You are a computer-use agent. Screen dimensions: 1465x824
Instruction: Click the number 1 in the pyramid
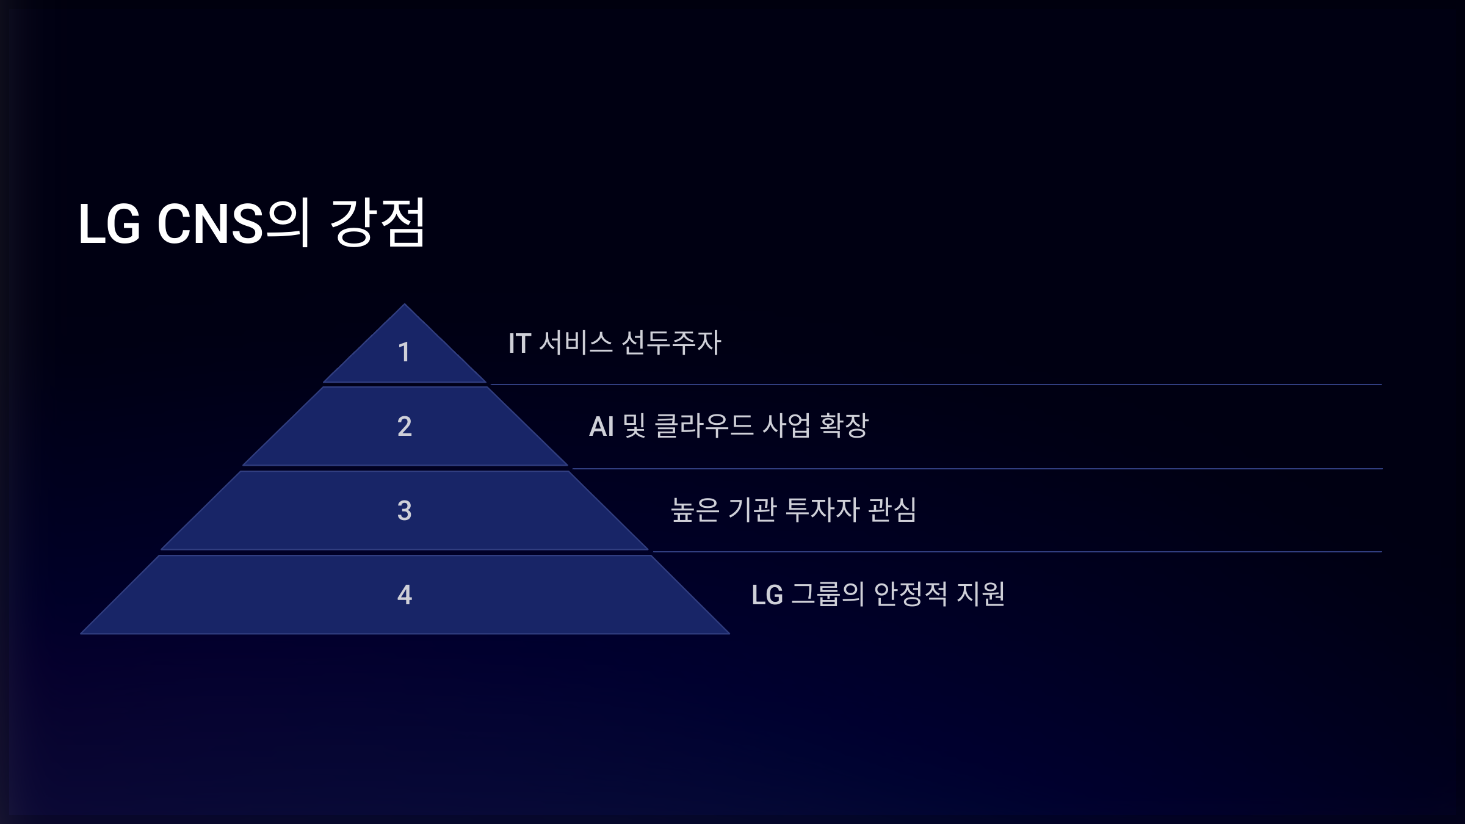pyautogui.click(x=403, y=352)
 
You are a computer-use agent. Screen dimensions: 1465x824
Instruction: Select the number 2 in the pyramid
pyautogui.click(x=404, y=426)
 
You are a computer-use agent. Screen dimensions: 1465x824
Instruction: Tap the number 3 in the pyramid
pyautogui.click(x=404, y=510)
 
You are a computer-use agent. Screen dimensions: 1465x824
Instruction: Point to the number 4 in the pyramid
pyautogui.click(x=404, y=595)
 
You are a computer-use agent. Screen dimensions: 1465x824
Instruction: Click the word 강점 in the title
pyautogui.click(x=377, y=223)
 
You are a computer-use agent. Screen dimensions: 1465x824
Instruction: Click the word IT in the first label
pyautogui.click(x=519, y=343)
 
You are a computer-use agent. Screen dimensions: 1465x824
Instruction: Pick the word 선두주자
pyautogui.click(x=671, y=342)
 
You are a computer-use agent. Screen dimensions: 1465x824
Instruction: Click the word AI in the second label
pyautogui.click(x=601, y=426)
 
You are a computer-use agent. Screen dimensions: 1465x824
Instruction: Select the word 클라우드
pyautogui.click(x=704, y=425)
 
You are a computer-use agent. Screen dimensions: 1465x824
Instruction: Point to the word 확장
pyautogui.click(x=844, y=425)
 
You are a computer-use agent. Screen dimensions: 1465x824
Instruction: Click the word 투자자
pyautogui.click(x=822, y=510)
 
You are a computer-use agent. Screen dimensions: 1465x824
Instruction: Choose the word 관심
pyautogui.click(x=892, y=510)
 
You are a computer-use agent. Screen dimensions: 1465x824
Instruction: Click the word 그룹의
pyautogui.click(x=828, y=594)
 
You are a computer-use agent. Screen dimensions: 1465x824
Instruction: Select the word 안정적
pyautogui.click(x=910, y=594)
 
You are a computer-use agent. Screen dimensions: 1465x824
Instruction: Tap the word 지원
pyautogui.click(x=980, y=594)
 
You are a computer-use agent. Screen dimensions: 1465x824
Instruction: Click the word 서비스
pyautogui.click(x=576, y=342)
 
